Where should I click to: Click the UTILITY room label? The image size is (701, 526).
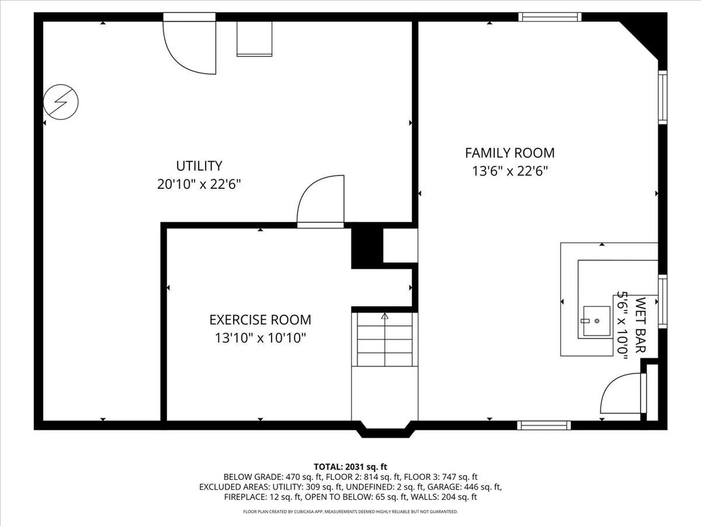point(199,166)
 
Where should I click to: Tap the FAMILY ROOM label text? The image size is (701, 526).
point(510,153)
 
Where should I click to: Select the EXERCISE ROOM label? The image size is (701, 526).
point(260,320)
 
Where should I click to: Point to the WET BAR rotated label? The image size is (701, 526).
point(640,325)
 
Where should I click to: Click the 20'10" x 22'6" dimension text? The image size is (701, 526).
point(199,184)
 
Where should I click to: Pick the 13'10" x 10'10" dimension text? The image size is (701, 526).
point(260,338)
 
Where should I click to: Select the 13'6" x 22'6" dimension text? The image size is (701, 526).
point(510,171)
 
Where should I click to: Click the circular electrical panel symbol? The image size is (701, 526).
point(61,102)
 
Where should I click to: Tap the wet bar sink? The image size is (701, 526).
point(597,321)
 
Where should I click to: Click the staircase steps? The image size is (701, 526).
point(384,340)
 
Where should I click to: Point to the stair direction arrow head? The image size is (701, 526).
point(384,316)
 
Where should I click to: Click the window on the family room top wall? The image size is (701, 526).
point(550,17)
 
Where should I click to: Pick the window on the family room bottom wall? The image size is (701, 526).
point(544,425)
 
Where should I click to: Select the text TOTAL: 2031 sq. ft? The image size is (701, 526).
point(350,466)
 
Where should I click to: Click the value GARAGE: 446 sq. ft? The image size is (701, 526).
point(464,487)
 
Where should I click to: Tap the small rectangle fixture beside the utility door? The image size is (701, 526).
point(254,39)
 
